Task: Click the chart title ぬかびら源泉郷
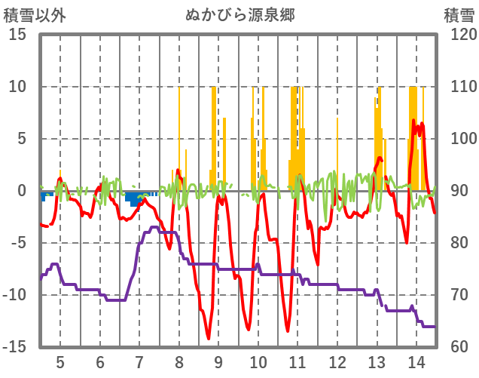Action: coord(240,14)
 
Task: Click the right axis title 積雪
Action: coord(458,14)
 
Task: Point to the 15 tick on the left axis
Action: coord(18,35)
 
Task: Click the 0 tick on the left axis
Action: coord(23,191)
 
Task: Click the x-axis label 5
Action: coord(60,362)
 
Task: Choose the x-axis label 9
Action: coord(218,362)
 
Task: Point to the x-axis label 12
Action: coord(337,362)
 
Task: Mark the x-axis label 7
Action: coord(139,362)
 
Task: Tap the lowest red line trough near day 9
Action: coord(208,338)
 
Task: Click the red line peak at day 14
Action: coord(414,121)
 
